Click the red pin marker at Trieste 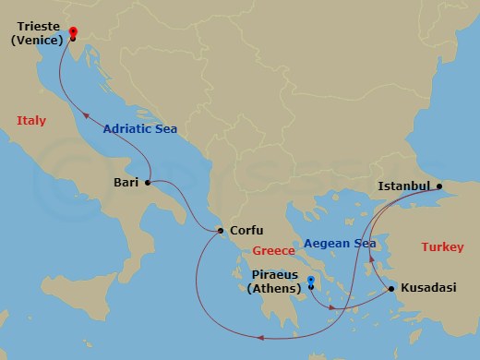(x=72, y=34)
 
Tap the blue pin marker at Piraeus (x=311, y=281)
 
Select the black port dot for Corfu (x=220, y=231)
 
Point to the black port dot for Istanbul (x=439, y=186)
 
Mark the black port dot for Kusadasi (x=392, y=290)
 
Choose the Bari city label (x=126, y=183)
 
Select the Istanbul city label (x=405, y=186)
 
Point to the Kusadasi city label (x=428, y=289)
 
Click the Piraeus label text (x=275, y=275)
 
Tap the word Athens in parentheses (x=275, y=289)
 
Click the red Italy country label (x=31, y=121)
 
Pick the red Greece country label (x=274, y=250)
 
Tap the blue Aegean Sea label (x=340, y=242)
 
